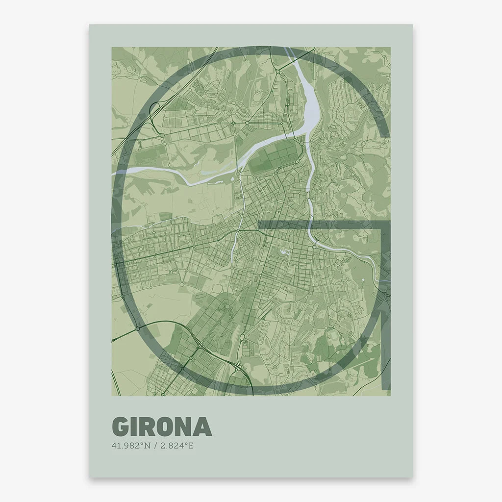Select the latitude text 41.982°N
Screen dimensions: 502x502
click(130, 446)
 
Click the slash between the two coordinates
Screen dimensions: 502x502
click(155, 446)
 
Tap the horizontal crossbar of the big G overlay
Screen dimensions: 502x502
click(319, 225)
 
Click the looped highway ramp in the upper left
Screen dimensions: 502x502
click(156, 106)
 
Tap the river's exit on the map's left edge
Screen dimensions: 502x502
click(114, 173)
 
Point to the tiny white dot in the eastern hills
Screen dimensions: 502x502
click(362, 280)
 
